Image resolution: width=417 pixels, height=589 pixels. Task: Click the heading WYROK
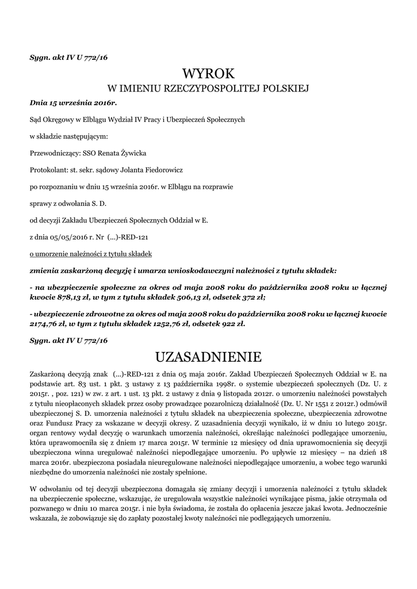click(208, 73)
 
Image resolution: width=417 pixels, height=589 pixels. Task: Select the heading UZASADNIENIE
click(208, 357)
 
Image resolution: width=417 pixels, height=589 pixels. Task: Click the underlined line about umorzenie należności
click(90, 253)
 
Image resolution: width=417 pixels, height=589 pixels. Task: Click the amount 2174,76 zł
click(50, 324)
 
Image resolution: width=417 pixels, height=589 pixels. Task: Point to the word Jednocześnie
click(366, 508)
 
